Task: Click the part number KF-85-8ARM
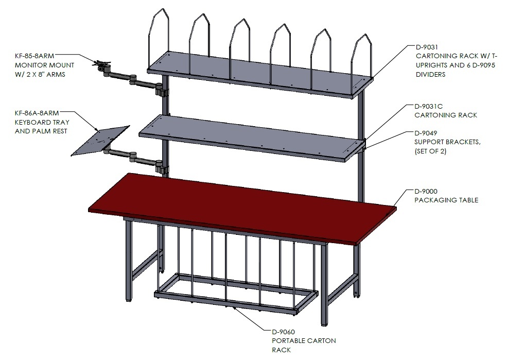pos(34,56)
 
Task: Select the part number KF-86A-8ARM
pos(37,113)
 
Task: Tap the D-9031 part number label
pos(427,47)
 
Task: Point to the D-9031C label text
pos(428,106)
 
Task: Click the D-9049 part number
pos(426,133)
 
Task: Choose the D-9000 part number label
pos(426,192)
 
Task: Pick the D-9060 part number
pos(283,332)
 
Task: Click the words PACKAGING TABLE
pos(446,200)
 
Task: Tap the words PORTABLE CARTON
pos(304,340)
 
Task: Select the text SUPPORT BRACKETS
pos(447,142)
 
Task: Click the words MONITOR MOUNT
pos(45,65)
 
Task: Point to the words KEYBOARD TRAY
pos(42,122)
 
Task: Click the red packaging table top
pos(242,208)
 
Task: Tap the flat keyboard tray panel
pos(100,141)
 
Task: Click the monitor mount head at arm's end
pos(101,64)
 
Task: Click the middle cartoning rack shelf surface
pos(249,138)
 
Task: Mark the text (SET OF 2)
pos(430,151)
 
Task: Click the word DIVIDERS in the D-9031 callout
pos(430,74)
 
